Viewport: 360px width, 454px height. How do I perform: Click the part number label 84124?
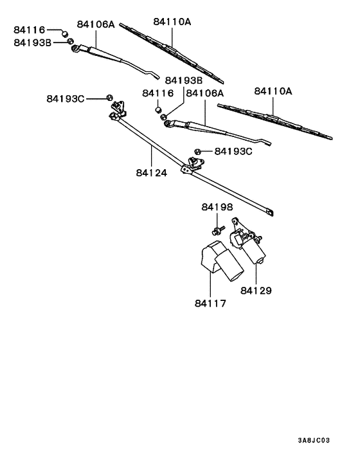[x=152, y=173]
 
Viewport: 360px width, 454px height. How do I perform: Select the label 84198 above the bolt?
[x=217, y=207]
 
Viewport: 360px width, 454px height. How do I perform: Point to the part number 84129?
[x=256, y=291]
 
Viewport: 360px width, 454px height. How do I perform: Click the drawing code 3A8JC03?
[x=314, y=441]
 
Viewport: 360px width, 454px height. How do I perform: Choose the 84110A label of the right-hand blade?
[x=273, y=91]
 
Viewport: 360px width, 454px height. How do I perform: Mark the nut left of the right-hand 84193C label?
[x=199, y=152]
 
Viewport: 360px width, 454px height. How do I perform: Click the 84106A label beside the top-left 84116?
[x=96, y=24]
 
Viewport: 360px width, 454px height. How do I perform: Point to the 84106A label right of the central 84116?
[x=204, y=93]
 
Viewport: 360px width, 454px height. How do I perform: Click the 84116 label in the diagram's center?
[x=158, y=93]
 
